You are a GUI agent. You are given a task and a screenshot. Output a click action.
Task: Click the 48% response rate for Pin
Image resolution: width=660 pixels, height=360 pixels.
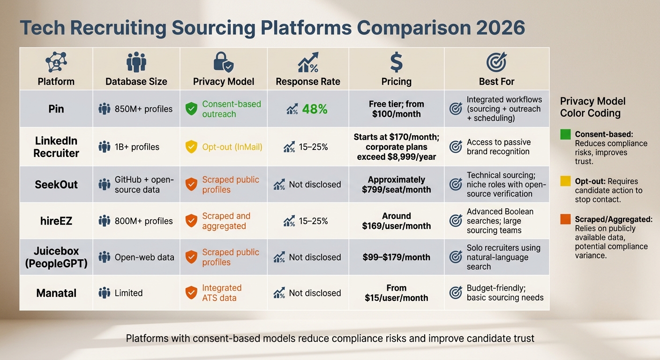click(315, 109)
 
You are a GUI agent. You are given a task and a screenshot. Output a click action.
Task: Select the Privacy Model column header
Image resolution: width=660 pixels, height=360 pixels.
click(224, 82)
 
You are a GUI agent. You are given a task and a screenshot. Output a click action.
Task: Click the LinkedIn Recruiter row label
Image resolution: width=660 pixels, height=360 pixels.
click(56, 147)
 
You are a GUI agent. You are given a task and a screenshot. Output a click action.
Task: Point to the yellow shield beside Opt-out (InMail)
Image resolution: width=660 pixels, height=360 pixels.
click(191, 147)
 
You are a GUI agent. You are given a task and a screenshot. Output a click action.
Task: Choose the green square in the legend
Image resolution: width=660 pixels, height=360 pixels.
click(565, 135)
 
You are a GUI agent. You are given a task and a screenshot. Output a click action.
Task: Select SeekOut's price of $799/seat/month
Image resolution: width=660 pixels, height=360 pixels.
click(396, 184)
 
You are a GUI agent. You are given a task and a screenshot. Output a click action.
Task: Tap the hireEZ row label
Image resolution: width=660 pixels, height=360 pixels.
click(56, 221)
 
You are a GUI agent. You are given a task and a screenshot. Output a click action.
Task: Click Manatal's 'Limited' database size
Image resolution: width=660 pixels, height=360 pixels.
click(128, 293)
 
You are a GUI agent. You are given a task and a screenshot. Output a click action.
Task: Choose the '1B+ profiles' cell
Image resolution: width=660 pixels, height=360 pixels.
click(137, 147)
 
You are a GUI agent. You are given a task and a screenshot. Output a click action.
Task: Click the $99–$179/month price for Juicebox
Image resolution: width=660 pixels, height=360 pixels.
click(396, 257)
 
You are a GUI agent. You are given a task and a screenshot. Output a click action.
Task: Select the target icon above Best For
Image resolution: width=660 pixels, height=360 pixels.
click(496, 62)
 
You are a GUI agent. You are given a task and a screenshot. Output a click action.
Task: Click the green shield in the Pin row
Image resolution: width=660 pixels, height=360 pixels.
click(191, 109)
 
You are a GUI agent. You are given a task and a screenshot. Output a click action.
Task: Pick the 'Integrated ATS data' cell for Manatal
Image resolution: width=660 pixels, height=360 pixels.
click(221, 293)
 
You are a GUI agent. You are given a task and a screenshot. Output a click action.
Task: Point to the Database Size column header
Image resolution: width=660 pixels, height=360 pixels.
click(136, 82)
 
